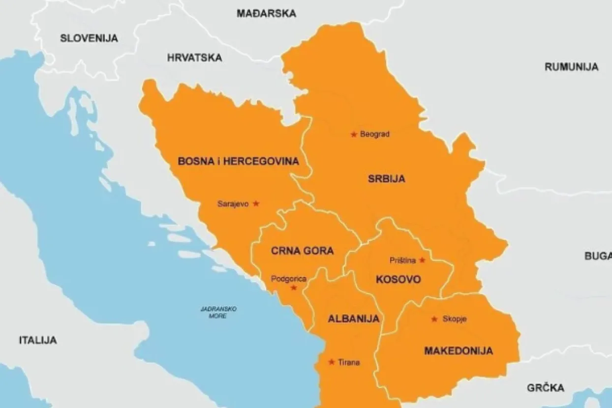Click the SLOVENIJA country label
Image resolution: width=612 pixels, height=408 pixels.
point(89,38)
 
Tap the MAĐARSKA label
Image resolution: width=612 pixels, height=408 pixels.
point(266,13)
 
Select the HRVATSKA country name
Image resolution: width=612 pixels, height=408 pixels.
point(194,58)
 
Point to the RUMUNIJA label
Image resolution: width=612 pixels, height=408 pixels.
point(571,67)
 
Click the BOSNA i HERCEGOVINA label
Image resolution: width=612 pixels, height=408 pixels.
point(238,161)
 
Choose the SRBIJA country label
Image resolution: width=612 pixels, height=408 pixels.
point(386,179)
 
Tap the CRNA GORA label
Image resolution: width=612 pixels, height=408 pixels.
point(302,251)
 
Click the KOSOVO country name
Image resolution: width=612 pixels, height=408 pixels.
point(398,280)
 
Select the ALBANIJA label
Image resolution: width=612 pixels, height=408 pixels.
point(353,319)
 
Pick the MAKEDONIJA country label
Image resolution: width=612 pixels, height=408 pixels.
point(458,351)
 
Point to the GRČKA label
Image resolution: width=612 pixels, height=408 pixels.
point(546,388)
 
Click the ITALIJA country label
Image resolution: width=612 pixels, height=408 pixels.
point(38,340)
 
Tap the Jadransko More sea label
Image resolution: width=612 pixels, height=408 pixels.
point(218,312)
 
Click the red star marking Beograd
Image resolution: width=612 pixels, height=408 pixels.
point(353,134)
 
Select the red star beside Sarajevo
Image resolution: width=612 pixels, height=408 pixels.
point(256,203)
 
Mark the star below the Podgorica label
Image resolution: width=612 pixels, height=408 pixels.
point(294,288)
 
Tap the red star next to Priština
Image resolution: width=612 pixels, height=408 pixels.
point(422,260)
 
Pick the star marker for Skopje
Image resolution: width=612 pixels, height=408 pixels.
point(434,319)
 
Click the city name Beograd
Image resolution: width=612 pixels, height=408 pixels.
point(374,134)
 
